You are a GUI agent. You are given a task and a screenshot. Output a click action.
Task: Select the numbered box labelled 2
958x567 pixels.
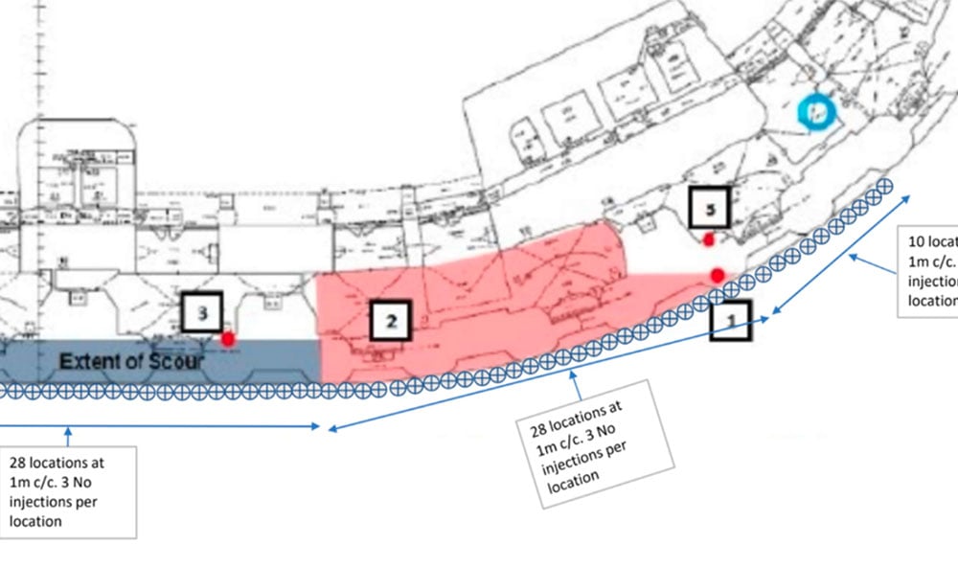[x=390, y=321]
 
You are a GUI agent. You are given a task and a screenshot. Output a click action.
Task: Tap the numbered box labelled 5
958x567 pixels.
[x=709, y=207]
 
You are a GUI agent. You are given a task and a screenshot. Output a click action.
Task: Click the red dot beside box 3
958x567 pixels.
[x=228, y=338]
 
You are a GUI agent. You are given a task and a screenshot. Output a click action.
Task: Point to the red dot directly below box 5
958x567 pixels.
[x=708, y=239]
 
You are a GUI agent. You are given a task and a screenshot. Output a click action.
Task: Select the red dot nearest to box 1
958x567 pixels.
[x=718, y=275]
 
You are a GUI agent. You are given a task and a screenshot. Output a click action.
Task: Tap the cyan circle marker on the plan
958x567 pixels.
[x=817, y=112]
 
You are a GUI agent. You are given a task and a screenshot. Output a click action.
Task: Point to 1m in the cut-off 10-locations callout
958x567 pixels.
[x=916, y=261]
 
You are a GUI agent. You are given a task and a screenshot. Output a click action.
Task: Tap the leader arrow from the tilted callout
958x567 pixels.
[x=576, y=378]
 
